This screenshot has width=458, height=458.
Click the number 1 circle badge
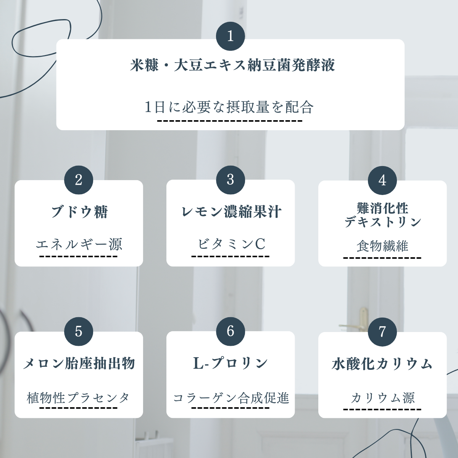[230, 36]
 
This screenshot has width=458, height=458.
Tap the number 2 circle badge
[79, 180]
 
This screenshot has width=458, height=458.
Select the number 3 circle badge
[230, 180]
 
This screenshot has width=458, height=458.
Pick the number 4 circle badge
[382, 180]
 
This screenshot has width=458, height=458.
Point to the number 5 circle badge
[79, 331]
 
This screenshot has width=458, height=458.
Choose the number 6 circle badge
[230, 331]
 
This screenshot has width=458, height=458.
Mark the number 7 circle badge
[382, 331]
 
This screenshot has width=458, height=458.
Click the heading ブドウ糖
[79, 212]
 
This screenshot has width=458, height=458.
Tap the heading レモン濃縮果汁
[231, 212]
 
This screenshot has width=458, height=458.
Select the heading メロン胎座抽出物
[79, 363]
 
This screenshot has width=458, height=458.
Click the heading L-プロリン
[231, 363]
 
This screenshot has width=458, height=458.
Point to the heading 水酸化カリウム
[382, 364]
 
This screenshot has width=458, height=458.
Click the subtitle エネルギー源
[79, 244]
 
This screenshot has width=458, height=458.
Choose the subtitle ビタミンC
[231, 244]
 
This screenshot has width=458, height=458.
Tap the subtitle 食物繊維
[382, 246]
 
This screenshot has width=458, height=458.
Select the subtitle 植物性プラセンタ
[79, 398]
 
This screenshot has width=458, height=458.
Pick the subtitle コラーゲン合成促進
[231, 398]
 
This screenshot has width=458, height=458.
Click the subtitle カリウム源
[382, 398]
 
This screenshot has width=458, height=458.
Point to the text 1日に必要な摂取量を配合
[229, 107]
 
